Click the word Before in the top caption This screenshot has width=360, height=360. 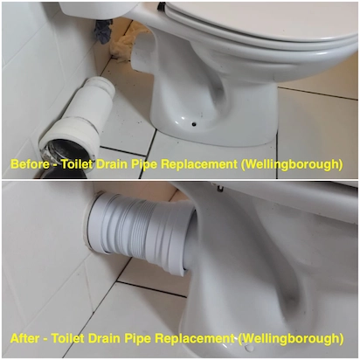(30, 164)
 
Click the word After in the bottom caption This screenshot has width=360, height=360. (24, 338)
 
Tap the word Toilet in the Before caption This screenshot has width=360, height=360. (77, 164)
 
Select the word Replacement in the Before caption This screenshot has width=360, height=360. (199, 164)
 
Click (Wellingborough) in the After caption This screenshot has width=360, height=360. (291, 339)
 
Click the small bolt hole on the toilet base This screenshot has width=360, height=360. (194, 124)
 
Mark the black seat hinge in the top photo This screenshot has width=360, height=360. (162, 6)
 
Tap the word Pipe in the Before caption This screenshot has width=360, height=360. (144, 165)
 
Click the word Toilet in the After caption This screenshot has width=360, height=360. (67, 338)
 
